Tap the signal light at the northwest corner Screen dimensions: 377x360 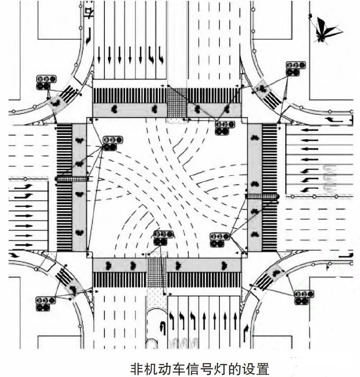click(46, 83)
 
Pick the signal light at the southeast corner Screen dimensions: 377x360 click(304, 297)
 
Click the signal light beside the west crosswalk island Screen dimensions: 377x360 click(113, 143)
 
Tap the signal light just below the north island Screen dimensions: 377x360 click(224, 127)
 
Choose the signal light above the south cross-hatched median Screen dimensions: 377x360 click(163, 237)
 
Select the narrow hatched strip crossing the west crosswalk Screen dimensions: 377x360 click(72, 179)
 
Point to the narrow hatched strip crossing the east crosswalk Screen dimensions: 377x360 click(263, 196)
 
